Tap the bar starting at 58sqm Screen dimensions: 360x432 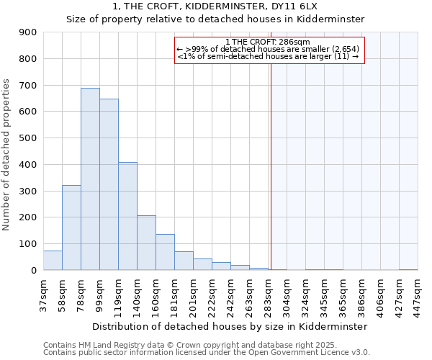point(71,228)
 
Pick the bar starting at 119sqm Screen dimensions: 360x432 point(127,216)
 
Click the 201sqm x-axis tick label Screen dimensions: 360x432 point(193,295)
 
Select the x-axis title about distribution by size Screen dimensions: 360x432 point(230,326)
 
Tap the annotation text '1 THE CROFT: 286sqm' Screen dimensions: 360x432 point(268,42)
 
